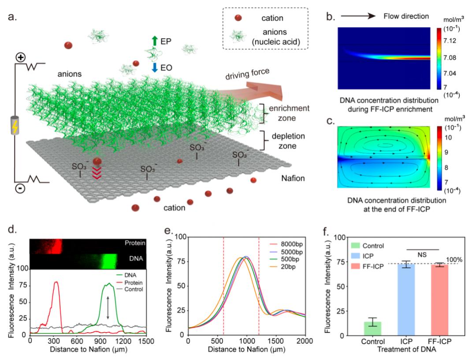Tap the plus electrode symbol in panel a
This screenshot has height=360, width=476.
[x=20, y=58]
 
